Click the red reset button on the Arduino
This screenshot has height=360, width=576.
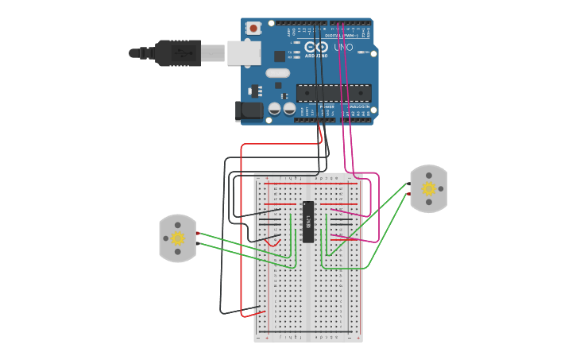[x=253, y=29]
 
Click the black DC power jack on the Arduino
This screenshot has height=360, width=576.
[x=250, y=110]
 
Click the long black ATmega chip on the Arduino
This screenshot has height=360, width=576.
[x=333, y=92]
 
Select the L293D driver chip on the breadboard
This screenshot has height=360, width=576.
[x=307, y=222]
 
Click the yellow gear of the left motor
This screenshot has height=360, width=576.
[x=177, y=238]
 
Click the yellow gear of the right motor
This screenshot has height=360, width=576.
[x=429, y=188]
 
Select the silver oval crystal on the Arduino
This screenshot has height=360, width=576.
[x=278, y=73]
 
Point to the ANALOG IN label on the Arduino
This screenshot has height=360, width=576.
[x=358, y=106]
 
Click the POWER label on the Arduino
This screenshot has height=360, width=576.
[x=327, y=106]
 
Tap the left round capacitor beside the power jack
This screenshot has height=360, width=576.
[x=275, y=108]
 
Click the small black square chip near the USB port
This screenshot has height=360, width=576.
[x=280, y=56]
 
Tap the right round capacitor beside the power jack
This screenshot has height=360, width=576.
[x=289, y=108]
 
